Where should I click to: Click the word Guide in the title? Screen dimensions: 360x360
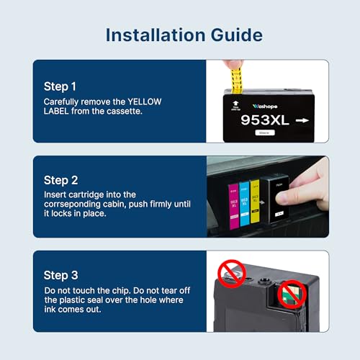(237, 35)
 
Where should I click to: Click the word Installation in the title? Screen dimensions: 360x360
(156, 35)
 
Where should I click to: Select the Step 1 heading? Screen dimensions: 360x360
(60, 86)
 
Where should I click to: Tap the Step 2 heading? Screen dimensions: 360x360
(60, 181)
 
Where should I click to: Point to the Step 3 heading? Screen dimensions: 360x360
(60, 275)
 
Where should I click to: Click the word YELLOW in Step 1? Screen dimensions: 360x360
(145, 102)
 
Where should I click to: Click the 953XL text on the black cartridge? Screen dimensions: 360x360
(265, 120)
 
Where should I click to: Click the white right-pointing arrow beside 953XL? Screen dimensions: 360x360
(302, 120)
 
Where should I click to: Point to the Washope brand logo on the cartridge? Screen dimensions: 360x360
(265, 107)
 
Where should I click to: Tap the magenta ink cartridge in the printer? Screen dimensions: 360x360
(234, 206)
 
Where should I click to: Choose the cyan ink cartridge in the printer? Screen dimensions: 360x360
(244, 204)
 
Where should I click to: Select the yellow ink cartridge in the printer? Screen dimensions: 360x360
(255, 201)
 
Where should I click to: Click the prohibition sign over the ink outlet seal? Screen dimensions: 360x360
(232, 274)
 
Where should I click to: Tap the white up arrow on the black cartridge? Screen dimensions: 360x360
(235, 104)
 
